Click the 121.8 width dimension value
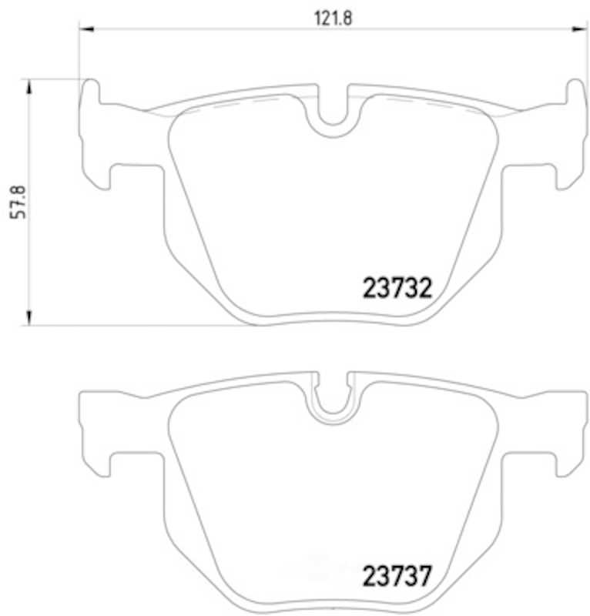(x=333, y=18)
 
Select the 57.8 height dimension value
(x=18, y=203)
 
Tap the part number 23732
(x=397, y=288)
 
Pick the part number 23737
(x=397, y=576)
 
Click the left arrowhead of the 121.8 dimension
(x=86, y=28)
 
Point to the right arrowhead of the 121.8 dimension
(x=579, y=28)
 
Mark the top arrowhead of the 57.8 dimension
(x=28, y=86)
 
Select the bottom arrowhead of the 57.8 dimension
(x=28, y=318)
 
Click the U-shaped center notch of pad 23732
(x=333, y=114)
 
